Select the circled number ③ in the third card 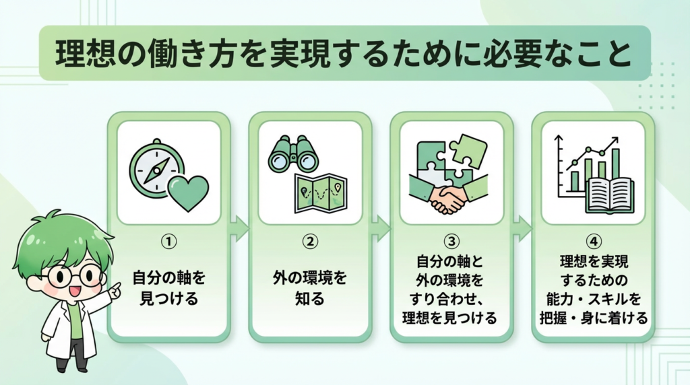point(451,240)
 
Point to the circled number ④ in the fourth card point(594,240)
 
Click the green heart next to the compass point(186,193)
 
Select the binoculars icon point(293,155)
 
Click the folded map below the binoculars point(320,193)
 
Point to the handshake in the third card point(448,197)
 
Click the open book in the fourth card point(608,195)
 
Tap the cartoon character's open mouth point(73,291)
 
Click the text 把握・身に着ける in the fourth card point(594,318)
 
